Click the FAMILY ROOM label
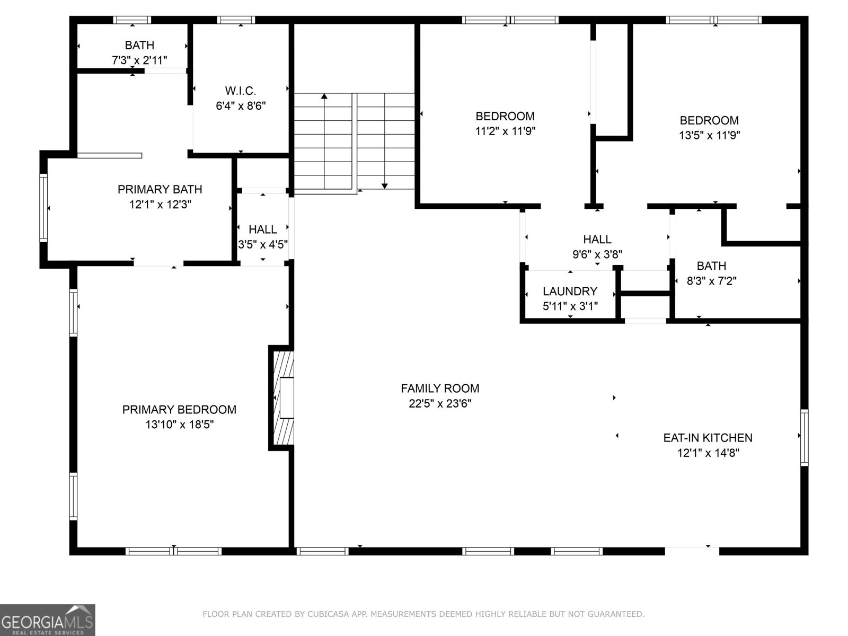pyautogui.click(x=440, y=388)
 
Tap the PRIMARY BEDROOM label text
pyautogui.click(x=179, y=409)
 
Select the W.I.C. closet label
pyautogui.click(x=240, y=91)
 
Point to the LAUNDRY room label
pyautogui.click(x=570, y=291)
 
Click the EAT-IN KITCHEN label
pyautogui.click(x=708, y=438)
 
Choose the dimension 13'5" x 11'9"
pyautogui.click(x=709, y=135)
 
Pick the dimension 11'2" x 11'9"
pyautogui.click(x=505, y=131)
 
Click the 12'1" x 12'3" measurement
pyautogui.click(x=160, y=204)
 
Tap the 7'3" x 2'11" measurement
pyautogui.click(x=139, y=60)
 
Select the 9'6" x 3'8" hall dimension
pyautogui.click(x=597, y=254)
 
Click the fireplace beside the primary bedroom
pyautogui.click(x=281, y=397)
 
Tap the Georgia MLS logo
pyautogui.click(x=48, y=620)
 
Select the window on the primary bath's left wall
pyautogui.click(x=43, y=208)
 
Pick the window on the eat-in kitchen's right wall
pyautogui.click(x=804, y=437)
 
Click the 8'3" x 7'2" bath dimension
pyautogui.click(x=711, y=281)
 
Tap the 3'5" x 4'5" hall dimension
pyautogui.click(x=263, y=244)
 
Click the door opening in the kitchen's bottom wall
pyautogui.click(x=692, y=551)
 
